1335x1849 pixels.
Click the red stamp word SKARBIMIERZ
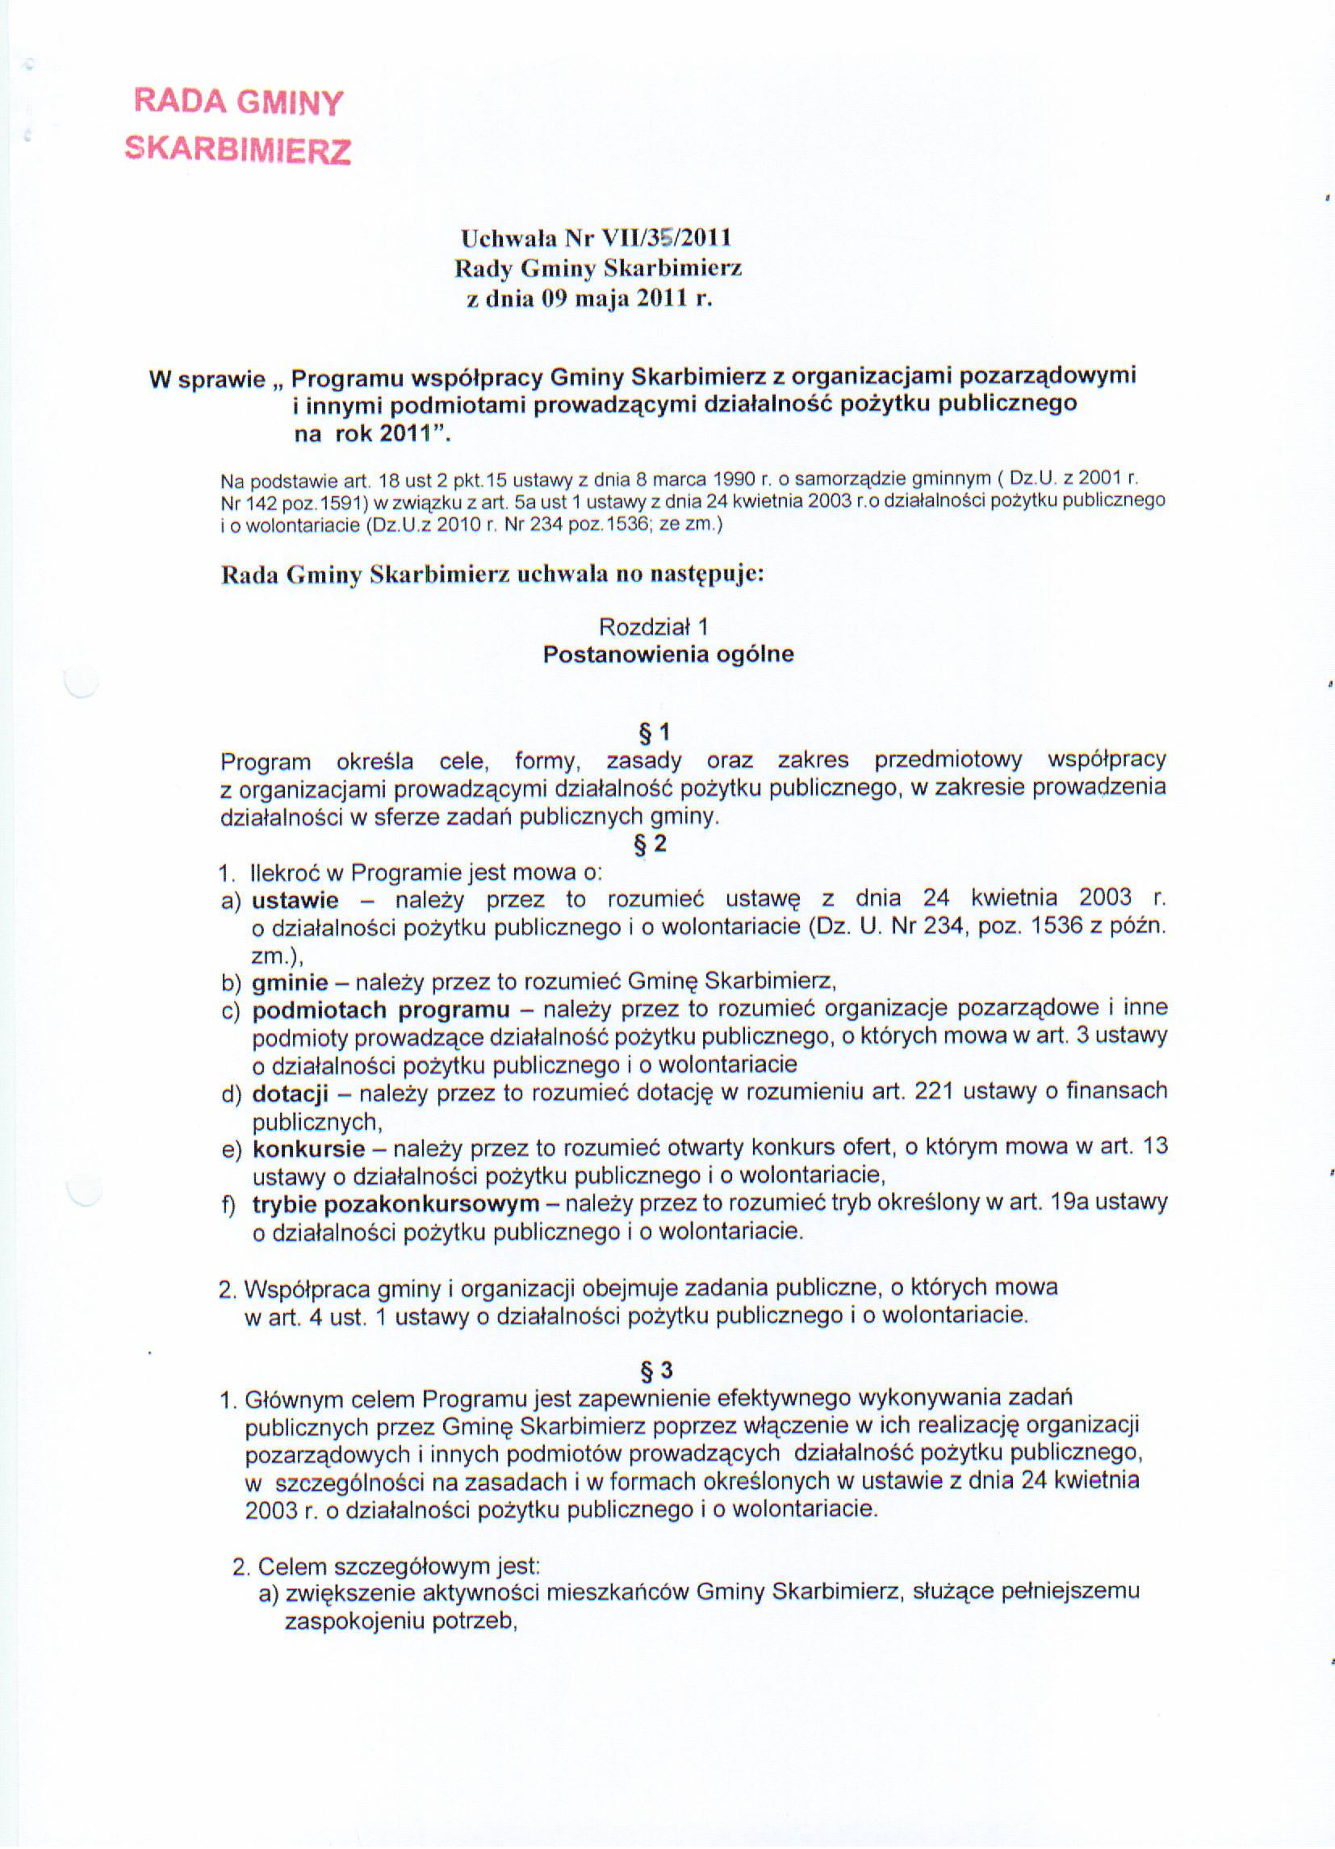click(237, 149)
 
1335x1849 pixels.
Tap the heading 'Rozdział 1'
click(653, 627)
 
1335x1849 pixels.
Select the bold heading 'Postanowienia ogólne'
click(668, 655)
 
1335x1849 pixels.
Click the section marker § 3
click(655, 1370)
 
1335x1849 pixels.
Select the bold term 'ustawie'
click(295, 900)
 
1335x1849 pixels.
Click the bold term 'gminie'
click(290, 983)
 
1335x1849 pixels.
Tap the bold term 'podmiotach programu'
click(381, 1011)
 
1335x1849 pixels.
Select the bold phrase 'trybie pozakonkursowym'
click(395, 1204)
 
